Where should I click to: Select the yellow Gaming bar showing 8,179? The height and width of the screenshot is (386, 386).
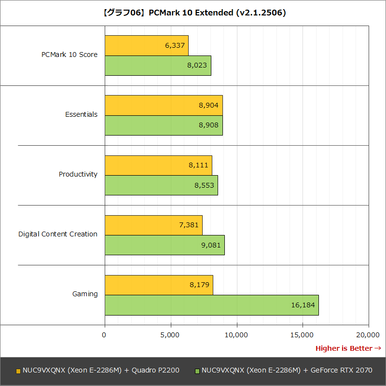pyautogui.click(x=159, y=285)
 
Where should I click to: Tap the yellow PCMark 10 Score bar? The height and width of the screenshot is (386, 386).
pyautogui.click(x=146, y=45)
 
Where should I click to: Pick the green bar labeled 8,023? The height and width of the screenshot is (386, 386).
pyautogui.click(x=158, y=66)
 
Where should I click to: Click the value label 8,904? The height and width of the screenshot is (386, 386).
pyautogui.click(x=208, y=105)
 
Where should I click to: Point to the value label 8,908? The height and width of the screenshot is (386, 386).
pyautogui.click(x=208, y=125)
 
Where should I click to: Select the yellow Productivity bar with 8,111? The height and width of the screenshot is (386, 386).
pyautogui.click(x=158, y=165)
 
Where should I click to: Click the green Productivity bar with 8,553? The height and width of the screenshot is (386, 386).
pyautogui.click(x=161, y=185)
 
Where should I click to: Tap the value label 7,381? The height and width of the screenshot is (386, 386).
pyautogui.click(x=188, y=225)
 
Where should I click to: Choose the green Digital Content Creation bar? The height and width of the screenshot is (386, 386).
pyautogui.click(x=165, y=245)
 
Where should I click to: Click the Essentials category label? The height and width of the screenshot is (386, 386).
pyautogui.click(x=81, y=115)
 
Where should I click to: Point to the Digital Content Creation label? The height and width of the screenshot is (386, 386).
pyautogui.click(x=58, y=234)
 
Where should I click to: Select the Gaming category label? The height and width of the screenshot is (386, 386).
pyautogui.click(x=85, y=294)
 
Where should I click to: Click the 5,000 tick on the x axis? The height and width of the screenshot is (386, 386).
pyautogui.click(x=171, y=334)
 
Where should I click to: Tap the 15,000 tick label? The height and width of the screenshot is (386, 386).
pyautogui.click(x=303, y=334)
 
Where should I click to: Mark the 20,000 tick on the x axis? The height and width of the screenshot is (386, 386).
pyautogui.click(x=368, y=334)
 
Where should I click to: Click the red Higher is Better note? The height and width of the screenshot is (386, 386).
pyautogui.click(x=348, y=348)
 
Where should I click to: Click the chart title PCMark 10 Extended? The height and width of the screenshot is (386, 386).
pyautogui.click(x=193, y=13)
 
